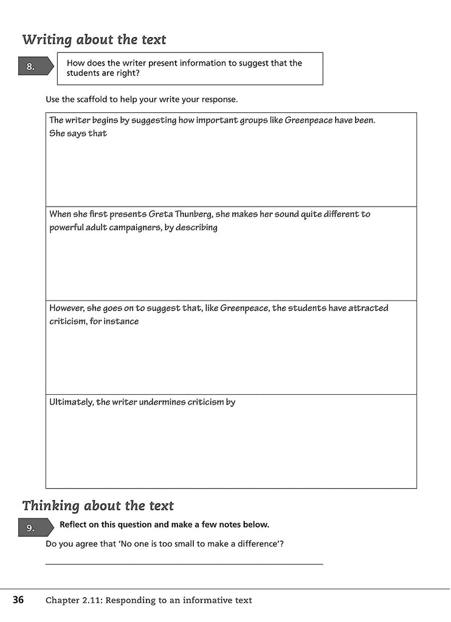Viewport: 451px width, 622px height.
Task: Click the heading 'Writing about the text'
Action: click(x=94, y=40)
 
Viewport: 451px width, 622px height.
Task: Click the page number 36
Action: click(x=18, y=600)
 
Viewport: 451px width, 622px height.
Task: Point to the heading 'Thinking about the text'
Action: click(x=98, y=506)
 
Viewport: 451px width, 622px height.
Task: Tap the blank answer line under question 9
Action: click(x=184, y=564)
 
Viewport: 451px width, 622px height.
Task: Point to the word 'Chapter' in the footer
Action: click(x=64, y=600)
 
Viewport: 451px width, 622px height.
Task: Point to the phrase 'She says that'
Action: click(x=78, y=134)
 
